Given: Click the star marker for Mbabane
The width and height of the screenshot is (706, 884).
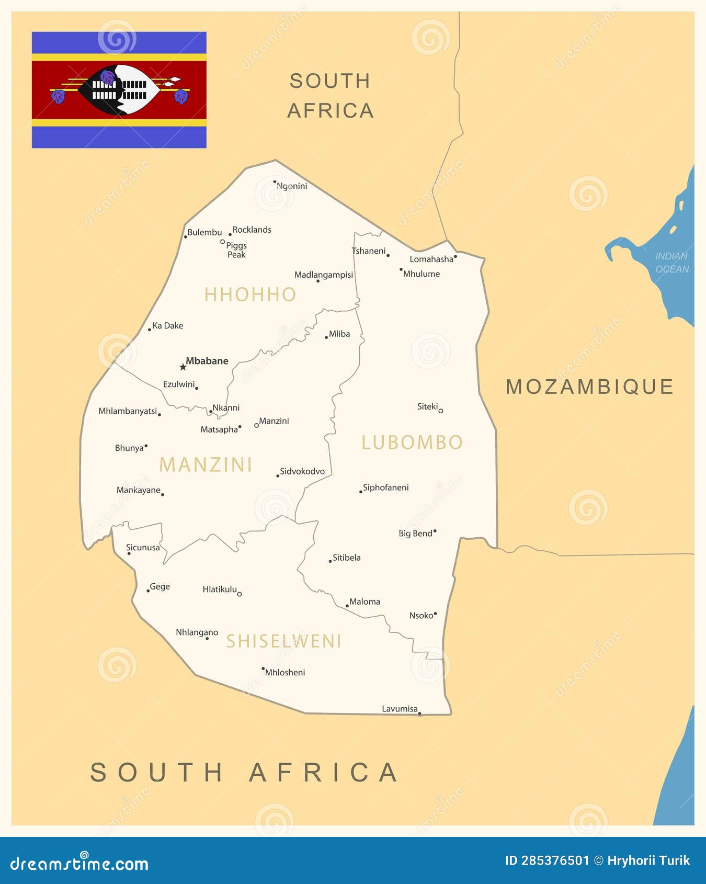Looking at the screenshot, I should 183,367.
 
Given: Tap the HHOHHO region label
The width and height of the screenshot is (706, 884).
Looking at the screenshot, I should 250,294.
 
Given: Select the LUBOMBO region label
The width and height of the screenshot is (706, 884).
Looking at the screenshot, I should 412,443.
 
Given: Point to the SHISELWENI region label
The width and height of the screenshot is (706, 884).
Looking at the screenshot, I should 283,641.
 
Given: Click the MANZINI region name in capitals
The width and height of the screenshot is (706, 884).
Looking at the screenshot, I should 206,464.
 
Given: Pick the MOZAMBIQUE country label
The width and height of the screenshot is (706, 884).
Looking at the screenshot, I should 589,387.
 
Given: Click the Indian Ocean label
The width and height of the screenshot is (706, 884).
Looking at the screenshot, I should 672,263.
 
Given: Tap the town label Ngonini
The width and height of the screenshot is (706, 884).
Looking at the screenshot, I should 292,186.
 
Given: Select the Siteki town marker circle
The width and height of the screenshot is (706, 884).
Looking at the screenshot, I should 441,411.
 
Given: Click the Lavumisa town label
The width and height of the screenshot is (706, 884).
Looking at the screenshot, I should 400,709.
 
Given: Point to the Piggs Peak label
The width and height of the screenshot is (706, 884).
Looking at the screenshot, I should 236,250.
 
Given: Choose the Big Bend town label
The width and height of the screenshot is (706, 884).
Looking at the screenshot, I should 416,534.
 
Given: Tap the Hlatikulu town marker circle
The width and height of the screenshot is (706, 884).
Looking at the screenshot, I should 240,594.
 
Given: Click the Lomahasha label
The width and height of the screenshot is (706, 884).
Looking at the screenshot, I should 431,259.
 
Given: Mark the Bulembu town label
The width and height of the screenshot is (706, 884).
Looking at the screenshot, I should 204,232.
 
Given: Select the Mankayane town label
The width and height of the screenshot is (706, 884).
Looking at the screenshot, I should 138,490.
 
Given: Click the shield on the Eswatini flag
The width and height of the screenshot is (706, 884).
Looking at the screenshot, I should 119,89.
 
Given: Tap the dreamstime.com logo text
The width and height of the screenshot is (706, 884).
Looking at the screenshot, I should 79,863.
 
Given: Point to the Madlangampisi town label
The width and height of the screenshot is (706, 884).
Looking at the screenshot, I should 324,275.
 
